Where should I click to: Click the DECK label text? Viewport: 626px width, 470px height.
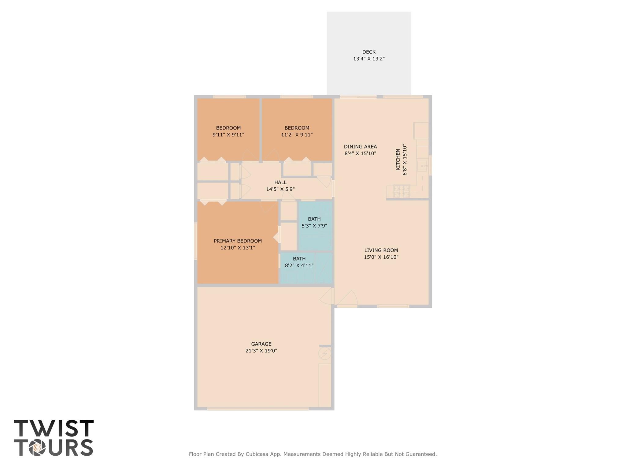pos(369,52)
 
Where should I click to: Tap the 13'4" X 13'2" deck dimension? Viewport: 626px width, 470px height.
pos(369,59)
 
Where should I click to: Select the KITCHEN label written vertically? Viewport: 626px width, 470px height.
pos(398,160)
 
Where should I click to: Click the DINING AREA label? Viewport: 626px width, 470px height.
pos(360,147)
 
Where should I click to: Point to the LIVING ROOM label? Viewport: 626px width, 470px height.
pos(381,250)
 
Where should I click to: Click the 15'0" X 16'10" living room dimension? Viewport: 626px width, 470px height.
pos(381,257)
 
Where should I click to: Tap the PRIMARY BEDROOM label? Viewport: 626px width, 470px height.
pos(238,241)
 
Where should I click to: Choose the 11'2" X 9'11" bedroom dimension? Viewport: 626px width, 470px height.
pos(297,135)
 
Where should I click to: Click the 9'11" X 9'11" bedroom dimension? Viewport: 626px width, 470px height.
pos(228,135)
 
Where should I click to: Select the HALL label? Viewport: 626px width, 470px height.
pos(280,182)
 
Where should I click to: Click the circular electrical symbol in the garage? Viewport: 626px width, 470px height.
pos(324,354)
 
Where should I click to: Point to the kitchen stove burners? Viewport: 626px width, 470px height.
pos(401,191)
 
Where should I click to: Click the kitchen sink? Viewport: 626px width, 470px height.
pos(422,166)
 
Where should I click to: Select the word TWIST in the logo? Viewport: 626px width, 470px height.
pos(54,428)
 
